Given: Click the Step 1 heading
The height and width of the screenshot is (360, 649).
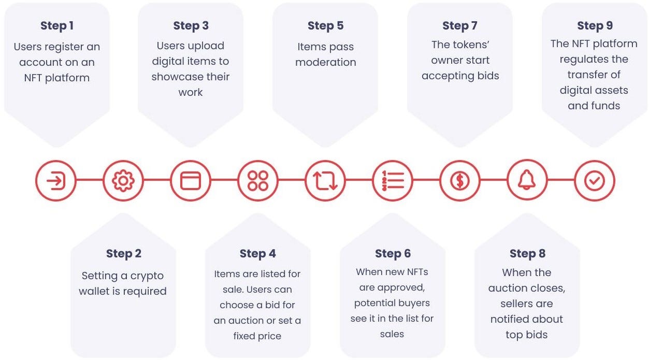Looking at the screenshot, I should (x=56, y=26).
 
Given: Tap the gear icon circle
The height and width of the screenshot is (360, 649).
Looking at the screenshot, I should (x=123, y=181).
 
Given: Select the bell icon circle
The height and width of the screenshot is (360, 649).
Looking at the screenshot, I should (x=527, y=181).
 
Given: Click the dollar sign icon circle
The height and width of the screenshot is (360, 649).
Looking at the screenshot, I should (x=459, y=181).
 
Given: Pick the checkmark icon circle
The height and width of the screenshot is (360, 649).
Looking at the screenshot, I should (x=594, y=181).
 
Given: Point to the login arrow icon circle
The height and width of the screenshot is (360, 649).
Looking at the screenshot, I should (x=55, y=181).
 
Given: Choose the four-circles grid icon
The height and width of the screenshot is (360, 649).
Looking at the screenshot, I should (x=257, y=181).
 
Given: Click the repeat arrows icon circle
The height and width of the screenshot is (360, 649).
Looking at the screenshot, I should (x=325, y=181).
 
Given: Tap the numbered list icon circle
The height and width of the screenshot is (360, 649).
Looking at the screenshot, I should (x=392, y=181).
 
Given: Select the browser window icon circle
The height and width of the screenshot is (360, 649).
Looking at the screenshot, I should (x=190, y=181).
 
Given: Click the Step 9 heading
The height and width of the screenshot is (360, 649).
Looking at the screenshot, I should (x=594, y=26).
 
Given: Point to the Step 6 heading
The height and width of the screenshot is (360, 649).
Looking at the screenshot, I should (x=393, y=254).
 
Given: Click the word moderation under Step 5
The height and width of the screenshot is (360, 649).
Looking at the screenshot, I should (x=325, y=62).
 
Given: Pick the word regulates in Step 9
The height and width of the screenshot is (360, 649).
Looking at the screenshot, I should (x=594, y=59).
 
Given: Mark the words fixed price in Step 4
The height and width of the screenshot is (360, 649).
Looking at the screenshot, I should (x=257, y=336).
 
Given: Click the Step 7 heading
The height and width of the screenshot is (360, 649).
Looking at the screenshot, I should (x=459, y=26).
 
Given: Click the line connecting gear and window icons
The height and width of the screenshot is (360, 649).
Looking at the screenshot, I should (x=156, y=180).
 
